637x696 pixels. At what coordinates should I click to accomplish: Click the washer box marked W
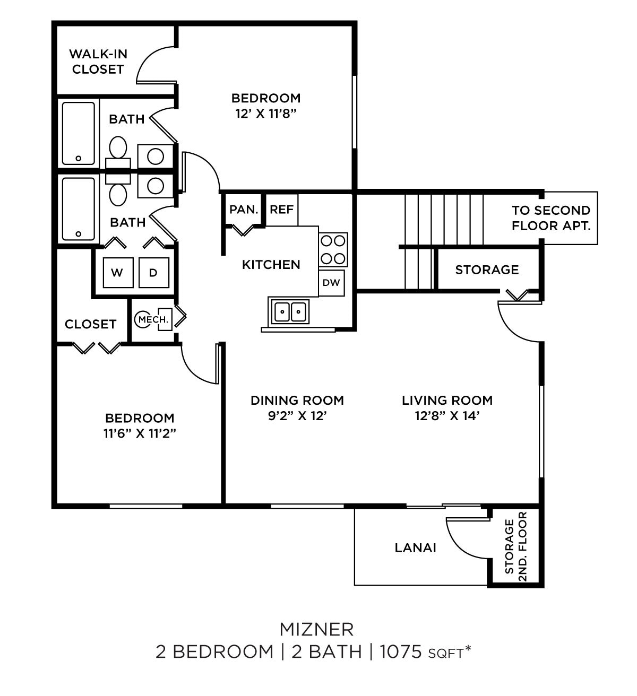point(117,273)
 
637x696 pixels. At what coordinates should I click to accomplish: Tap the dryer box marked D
point(153,273)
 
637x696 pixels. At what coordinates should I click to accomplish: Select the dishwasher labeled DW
point(331,283)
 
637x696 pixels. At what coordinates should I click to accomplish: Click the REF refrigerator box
point(281,210)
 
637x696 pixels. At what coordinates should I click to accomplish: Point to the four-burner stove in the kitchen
point(333,249)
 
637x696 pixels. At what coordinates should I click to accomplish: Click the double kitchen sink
point(290,311)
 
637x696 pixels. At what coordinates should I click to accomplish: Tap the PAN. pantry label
point(244,210)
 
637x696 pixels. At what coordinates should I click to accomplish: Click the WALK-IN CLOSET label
point(98,62)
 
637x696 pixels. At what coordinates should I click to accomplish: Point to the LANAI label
point(415,547)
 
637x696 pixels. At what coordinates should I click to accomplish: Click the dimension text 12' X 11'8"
point(265,114)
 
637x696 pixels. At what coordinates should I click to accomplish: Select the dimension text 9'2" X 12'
point(297,416)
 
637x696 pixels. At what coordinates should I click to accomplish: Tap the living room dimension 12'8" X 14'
point(447,416)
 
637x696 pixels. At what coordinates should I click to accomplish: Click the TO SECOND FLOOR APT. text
point(550,218)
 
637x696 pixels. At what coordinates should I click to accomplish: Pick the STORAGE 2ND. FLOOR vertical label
point(515,546)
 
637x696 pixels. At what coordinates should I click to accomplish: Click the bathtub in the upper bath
point(79,133)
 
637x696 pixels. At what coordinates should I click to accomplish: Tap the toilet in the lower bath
point(118,194)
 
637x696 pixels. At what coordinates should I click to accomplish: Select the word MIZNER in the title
point(316,629)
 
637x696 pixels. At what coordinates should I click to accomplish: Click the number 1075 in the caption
point(401,651)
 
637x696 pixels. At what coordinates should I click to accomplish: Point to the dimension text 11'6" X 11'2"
point(140,433)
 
